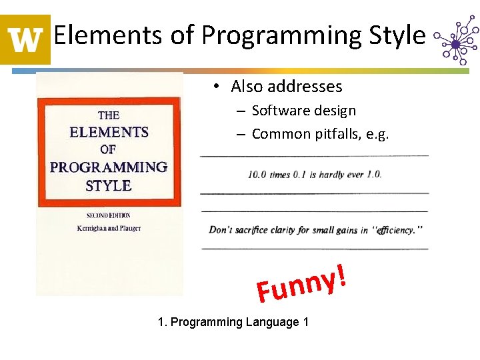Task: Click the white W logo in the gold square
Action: point(25,39)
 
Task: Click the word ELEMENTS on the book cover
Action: point(109,132)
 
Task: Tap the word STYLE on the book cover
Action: point(109,185)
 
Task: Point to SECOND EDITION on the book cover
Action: point(109,215)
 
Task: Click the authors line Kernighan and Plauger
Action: point(109,228)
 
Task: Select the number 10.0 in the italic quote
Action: point(259,175)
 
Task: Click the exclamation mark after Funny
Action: point(341,275)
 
